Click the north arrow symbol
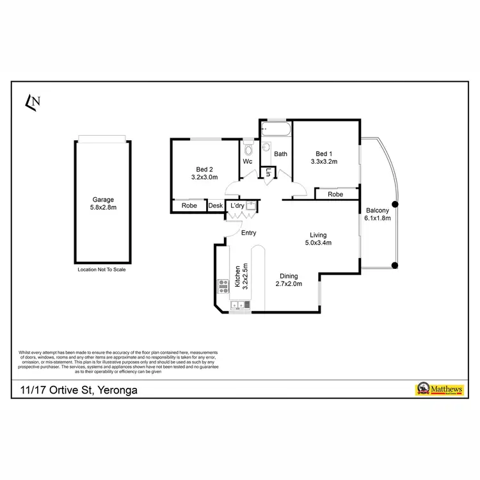point(32,101)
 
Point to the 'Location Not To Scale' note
point(102,270)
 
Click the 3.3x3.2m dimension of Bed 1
point(323,162)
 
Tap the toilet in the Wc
point(248,149)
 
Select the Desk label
point(216,205)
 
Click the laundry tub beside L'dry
point(252,205)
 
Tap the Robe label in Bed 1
point(335,194)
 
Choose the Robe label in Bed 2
point(189,205)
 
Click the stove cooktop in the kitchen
point(223,285)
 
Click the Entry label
point(248,233)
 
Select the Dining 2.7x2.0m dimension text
point(289,284)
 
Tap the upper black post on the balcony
point(395,205)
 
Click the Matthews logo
point(441,389)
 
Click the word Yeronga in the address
point(115,389)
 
